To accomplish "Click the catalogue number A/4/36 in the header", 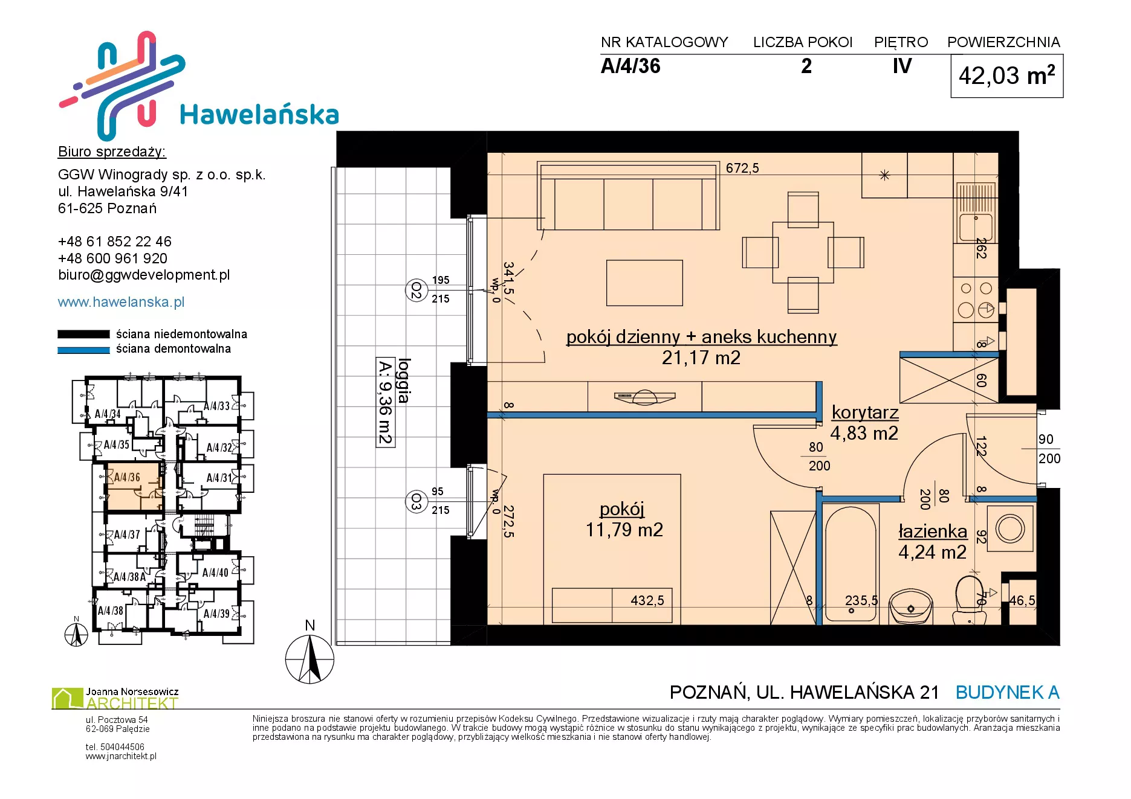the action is coord(630,66).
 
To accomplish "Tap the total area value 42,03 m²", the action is coord(1006,75).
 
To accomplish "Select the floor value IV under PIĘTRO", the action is coord(902,66).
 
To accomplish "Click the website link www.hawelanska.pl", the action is coord(121,302).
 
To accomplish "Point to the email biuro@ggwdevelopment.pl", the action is coord(144,275).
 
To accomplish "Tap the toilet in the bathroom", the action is coord(970,600).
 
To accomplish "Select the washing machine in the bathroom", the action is coord(1010,528).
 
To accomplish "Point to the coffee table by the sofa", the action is coord(644,283).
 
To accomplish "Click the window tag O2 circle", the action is coord(416,290).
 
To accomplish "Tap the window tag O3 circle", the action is coord(416,502).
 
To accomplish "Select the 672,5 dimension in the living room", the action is coord(742,168).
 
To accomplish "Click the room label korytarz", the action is coord(865,412).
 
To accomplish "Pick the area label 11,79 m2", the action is coord(624,530).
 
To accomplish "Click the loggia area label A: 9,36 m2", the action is coord(385,402).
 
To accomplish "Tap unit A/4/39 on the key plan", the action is coord(216,614).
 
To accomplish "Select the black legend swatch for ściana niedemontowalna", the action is coord(83,334).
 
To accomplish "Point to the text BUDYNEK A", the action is coord(1007,692).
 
